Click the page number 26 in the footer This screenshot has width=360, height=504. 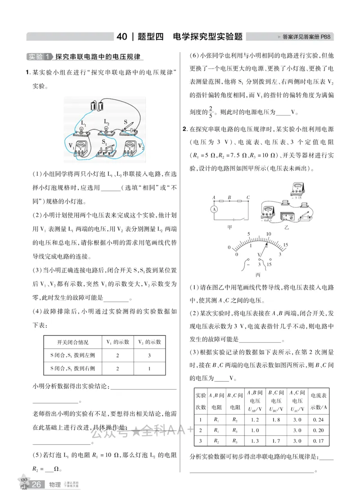(37, 484)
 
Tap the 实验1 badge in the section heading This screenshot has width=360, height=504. (40, 57)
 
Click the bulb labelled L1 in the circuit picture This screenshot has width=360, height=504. (82, 129)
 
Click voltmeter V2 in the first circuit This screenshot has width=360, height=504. (128, 147)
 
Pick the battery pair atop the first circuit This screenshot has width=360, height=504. (97, 106)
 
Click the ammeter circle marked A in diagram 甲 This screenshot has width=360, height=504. (215, 210)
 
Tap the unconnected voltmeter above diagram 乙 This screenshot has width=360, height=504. (296, 189)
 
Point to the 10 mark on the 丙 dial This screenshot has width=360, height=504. (269, 234)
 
